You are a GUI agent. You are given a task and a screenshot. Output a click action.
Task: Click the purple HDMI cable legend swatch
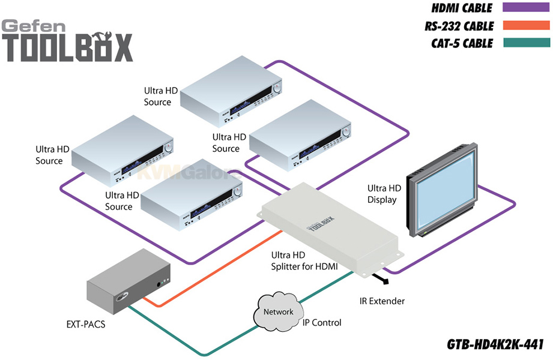pos(526,7)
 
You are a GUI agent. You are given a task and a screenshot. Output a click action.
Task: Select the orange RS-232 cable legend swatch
pos(526,25)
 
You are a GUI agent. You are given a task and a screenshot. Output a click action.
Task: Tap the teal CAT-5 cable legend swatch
pos(526,43)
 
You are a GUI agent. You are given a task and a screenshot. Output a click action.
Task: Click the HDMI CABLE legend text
pos(462,8)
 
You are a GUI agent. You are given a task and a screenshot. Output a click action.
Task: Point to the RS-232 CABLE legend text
pos(459,26)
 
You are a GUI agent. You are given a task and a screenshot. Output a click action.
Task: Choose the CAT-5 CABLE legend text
pos(462,43)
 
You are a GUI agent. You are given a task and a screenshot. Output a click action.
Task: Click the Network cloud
pos(278,311)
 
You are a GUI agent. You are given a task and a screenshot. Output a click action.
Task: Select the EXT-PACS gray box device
pos(128,281)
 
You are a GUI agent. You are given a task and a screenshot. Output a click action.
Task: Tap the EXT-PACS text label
pos(86,324)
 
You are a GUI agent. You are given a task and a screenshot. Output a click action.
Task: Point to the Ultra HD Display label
pos(384,194)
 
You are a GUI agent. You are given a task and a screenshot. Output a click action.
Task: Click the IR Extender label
pos(382,301)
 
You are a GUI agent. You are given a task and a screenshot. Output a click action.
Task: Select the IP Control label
pos(322,323)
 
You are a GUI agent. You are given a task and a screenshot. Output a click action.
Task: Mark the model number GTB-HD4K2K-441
pos(495,344)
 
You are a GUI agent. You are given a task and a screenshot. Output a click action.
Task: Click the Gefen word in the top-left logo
pos(34,26)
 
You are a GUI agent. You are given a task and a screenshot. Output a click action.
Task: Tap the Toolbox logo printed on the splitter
pos(320,224)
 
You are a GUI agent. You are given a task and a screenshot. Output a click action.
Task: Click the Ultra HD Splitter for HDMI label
pos(304,261)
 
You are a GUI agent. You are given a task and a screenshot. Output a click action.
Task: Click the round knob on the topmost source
pos(277,88)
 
